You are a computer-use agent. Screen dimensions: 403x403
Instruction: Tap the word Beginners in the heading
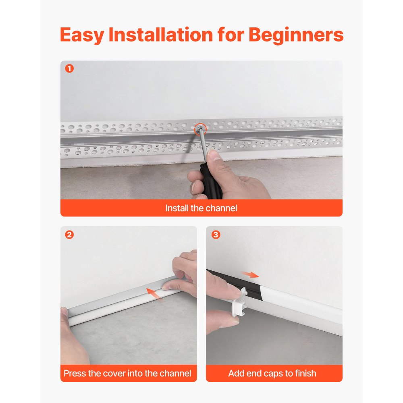[296, 35]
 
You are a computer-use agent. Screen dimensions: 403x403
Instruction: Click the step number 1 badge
[69, 69]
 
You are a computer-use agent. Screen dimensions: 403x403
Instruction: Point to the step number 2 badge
[69, 235]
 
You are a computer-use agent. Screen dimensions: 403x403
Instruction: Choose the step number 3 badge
[216, 235]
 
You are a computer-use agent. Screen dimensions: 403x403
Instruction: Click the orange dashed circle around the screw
[199, 129]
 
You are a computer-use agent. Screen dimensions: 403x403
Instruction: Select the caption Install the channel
[201, 208]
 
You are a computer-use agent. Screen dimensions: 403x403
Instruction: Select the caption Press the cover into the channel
[127, 374]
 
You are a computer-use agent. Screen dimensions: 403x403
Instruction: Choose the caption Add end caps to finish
[272, 374]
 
